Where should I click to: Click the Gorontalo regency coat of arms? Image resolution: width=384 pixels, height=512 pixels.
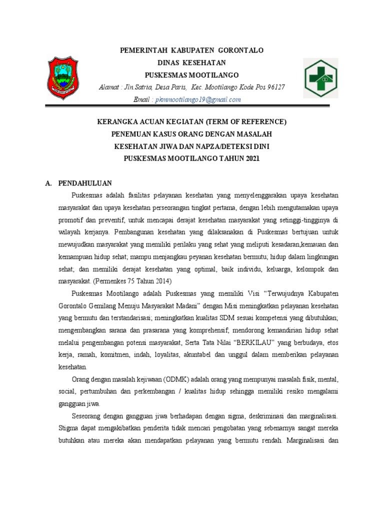(62, 78)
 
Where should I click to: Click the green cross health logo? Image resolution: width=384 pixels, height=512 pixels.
(321, 78)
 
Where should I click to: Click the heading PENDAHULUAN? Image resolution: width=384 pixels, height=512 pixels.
(84, 183)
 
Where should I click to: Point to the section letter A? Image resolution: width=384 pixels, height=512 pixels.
(48, 183)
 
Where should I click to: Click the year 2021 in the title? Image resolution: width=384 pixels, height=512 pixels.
(253, 158)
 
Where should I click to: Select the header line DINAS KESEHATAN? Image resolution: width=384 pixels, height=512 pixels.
(191, 63)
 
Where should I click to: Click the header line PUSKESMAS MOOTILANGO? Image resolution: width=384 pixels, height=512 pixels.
(191, 75)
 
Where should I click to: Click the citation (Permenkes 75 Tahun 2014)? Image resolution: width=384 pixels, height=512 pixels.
(130, 280)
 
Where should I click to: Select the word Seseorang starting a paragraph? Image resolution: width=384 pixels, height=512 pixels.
(88, 416)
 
